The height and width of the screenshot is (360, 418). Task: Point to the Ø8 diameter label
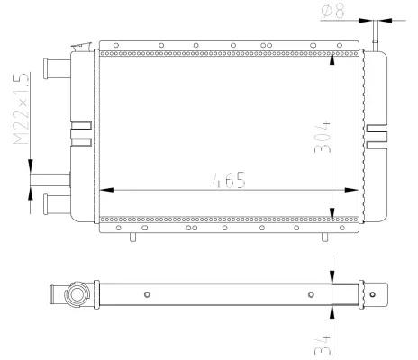tap(332, 12)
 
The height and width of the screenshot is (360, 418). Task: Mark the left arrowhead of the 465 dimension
tap(103, 190)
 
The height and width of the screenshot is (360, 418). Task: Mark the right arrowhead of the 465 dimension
tap(356, 190)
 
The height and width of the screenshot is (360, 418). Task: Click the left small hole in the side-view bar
tap(147, 293)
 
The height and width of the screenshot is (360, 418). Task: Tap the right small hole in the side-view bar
tap(310, 293)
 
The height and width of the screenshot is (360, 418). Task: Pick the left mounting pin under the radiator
tap(133, 237)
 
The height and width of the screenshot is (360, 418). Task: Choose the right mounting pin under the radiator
tap(325, 237)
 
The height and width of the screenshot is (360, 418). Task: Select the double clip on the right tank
tap(377, 132)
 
